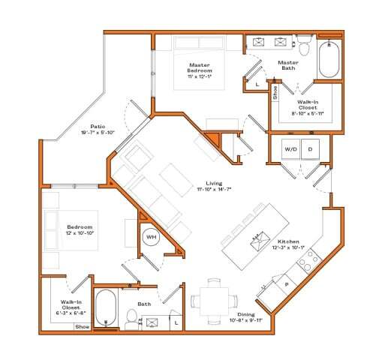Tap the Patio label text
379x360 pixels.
tap(98, 126)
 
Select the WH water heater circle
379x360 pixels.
tap(151, 237)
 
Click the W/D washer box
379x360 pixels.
tap(290, 148)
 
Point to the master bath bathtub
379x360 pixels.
tap(330, 59)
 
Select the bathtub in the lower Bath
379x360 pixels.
tap(106, 307)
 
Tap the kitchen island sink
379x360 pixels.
tap(257, 240)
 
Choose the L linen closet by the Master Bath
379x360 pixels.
tap(257, 85)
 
